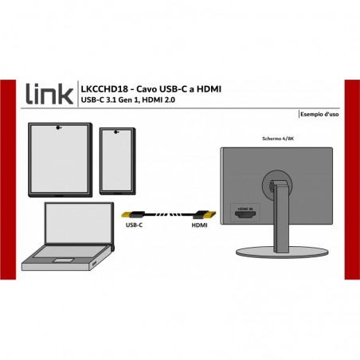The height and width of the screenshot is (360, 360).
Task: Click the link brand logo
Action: pos(49,94)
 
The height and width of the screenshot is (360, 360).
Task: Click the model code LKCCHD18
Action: pos(104,89)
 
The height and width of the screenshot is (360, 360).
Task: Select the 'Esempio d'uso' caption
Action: pos(319,114)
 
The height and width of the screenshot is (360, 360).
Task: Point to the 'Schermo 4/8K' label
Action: pos(278,139)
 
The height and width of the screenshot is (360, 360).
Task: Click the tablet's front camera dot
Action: pos(58,127)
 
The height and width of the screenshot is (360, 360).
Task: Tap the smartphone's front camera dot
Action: pos(115,131)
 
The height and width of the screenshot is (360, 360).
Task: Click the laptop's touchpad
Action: pos(63,260)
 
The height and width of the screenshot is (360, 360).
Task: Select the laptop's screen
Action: pos(78,223)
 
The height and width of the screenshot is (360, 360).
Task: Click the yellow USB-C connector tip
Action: pos(127,214)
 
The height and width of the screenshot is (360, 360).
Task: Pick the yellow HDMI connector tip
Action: pos(211,214)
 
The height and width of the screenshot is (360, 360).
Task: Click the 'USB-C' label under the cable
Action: pos(134,225)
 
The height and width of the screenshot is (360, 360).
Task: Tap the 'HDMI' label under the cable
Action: pos(199,225)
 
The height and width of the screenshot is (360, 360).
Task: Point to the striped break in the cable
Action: pos(169,214)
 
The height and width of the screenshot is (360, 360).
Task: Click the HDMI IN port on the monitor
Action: pos(245,215)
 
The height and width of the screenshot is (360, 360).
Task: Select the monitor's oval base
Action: pos(282,252)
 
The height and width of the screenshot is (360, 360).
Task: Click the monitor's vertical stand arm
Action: pos(281,217)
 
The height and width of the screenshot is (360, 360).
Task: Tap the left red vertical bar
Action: pos(8,179)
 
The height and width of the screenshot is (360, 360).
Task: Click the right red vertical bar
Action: pos(352,179)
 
